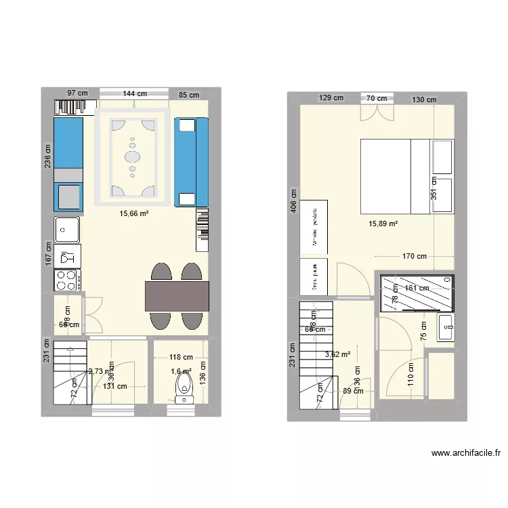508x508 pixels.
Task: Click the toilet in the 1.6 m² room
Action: point(184,389)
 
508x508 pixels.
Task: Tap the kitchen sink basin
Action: point(67,230)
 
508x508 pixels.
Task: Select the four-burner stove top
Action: point(67,279)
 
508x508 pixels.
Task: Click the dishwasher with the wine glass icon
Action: point(67,257)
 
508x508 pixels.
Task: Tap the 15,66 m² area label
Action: point(134,214)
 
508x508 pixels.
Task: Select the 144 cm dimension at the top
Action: point(135,94)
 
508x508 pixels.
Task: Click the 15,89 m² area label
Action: point(383,224)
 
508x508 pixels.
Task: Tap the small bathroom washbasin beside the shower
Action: point(446,327)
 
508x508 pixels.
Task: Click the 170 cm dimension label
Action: point(414,256)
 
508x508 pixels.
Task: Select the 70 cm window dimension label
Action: point(377,98)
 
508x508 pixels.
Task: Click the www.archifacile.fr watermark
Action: point(465,453)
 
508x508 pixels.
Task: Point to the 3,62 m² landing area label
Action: point(337,354)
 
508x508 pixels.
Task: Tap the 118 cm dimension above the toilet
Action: point(181,357)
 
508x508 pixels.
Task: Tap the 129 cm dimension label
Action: point(331,98)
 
